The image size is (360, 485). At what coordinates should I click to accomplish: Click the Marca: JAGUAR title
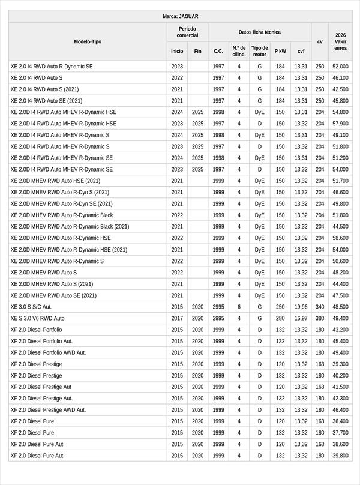click(x=181, y=16)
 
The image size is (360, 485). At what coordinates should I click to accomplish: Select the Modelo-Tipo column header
click(x=88, y=41)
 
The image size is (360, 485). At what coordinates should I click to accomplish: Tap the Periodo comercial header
click(x=188, y=32)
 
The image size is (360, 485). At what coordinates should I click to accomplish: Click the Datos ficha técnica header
click(x=259, y=32)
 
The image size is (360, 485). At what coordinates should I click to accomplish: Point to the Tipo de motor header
click(x=259, y=51)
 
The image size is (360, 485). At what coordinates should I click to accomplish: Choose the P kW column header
click(x=280, y=51)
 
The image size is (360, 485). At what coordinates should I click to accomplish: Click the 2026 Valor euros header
click(x=341, y=41)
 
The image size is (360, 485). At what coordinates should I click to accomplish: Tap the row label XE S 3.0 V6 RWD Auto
click(x=37, y=318)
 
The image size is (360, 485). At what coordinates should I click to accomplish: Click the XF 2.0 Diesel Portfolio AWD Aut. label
click(x=48, y=352)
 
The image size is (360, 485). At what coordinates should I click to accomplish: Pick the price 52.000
click(x=341, y=67)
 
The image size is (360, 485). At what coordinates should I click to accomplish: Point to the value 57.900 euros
click(x=341, y=124)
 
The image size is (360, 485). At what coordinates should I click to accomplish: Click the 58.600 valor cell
click(x=341, y=238)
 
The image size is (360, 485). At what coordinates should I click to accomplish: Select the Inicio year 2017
click(x=177, y=318)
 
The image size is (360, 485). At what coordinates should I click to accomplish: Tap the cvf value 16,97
click(x=301, y=318)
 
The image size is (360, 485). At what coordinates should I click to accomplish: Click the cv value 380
click(x=320, y=318)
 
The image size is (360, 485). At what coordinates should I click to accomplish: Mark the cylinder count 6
click(x=239, y=307)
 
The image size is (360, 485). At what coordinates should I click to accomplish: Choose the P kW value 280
click(x=280, y=318)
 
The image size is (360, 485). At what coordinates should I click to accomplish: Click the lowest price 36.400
click(x=341, y=421)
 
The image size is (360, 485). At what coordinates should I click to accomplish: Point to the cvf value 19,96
click(x=301, y=307)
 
